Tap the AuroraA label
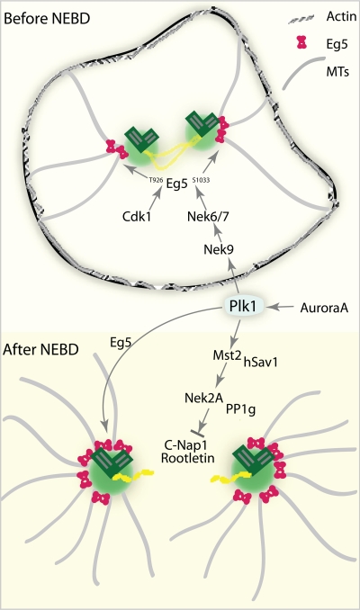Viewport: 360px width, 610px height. tap(324, 308)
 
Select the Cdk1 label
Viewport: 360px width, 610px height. tap(137, 216)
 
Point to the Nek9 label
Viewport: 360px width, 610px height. tap(219, 249)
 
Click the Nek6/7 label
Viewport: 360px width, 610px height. tap(208, 216)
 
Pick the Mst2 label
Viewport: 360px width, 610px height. tap(228, 354)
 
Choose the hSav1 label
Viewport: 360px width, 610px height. tap(260, 363)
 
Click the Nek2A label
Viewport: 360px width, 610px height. tap(203, 398)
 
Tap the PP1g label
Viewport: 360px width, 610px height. tap(241, 409)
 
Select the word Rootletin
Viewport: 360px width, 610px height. tap(187, 458)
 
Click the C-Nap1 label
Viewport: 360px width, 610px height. tap(184, 445)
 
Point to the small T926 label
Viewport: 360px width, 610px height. tap(156, 180)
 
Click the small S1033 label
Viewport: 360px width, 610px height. tap(202, 180)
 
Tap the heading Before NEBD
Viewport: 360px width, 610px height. tap(47, 18)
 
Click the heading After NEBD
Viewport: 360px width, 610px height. tap(40, 349)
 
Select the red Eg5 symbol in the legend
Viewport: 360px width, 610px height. tap(301, 42)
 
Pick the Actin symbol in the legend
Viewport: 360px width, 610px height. tap(301, 20)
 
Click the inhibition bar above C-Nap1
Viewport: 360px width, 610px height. tap(196, 432)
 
